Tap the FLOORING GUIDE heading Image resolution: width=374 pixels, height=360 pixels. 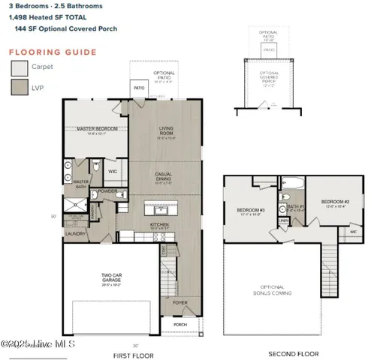(x=52, y=52)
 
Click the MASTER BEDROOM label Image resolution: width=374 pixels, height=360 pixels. (x=95, y=129)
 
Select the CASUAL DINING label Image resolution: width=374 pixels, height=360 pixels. (x=165, y=178)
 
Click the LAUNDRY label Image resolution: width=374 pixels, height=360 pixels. (x=76, y=233)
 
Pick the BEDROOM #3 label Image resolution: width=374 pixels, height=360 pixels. (x=251, y=210)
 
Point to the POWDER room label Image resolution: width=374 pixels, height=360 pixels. (x=107, y=190)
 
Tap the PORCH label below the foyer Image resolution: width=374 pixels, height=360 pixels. (x=180, y=325)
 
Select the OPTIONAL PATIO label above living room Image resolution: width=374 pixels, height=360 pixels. (x=164, y=74)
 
